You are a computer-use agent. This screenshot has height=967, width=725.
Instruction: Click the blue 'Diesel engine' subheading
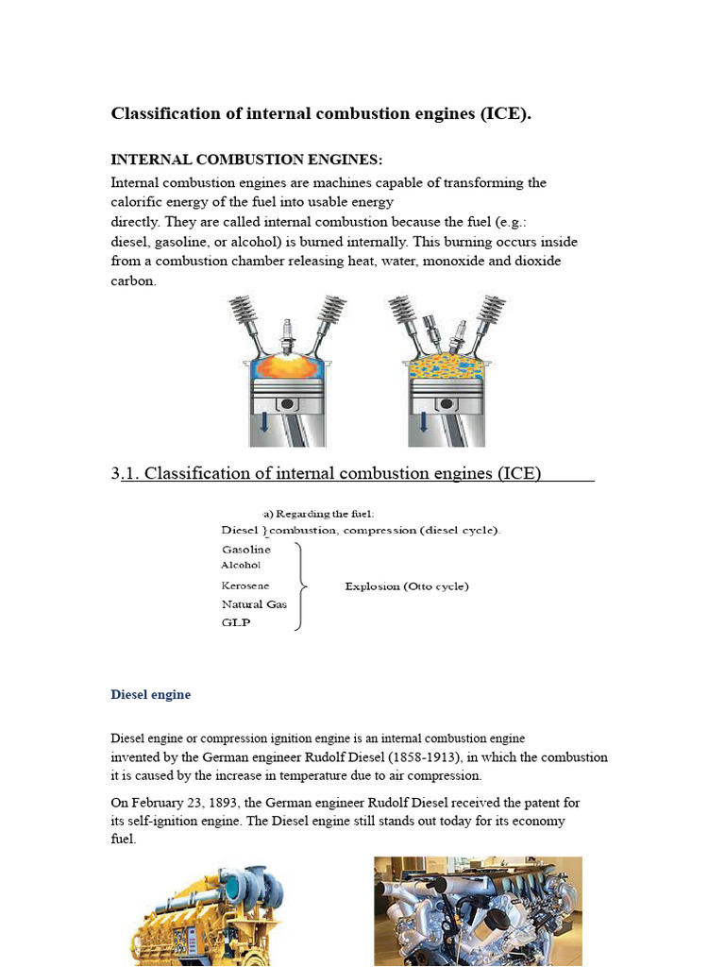(x=151, y=695)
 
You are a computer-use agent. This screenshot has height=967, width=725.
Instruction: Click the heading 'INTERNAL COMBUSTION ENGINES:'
(x=247, y=160)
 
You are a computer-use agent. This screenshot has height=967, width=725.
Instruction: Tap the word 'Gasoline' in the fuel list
(x=246, y=550)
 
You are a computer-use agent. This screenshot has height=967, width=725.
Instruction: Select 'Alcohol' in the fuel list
(x=241, y=566)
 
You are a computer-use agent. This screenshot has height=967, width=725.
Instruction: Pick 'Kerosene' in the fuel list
(x=245, y=586)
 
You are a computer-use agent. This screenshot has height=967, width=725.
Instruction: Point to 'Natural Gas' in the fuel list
(x=254, y=604)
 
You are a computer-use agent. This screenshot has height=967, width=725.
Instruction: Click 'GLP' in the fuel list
(x=236, y=623)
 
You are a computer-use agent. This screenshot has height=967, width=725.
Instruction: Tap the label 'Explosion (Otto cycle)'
(x=407, y=586)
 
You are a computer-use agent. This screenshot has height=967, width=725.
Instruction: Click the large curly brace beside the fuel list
(x=300, y=585)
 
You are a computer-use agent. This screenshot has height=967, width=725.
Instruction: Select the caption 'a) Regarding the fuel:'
(x=319, y=514)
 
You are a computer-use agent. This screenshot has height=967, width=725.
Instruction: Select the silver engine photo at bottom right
(x=478, y=911)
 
